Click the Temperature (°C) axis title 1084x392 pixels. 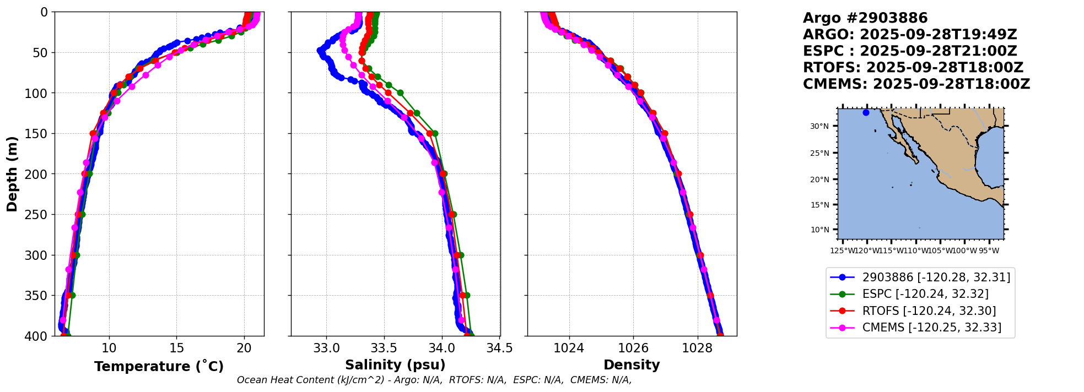click(x=159, y=367)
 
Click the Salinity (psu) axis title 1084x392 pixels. click(x=395, y=365)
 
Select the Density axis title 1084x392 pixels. click(x=632, y=365)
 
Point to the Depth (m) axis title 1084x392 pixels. click(x=12, y=174)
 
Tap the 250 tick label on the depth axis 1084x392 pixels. click(x=37, y=215)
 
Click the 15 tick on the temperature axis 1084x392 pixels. click(x=176, y=349)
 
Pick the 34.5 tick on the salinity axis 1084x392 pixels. click(x=500, y=349)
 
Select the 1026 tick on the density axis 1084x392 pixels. click(x=633, y=349)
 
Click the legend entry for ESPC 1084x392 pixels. click(x=925, y=294)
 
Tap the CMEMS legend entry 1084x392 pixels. click(x=931, y=328)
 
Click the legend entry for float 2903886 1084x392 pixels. click(x=936, y=277)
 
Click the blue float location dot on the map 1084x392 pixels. click(x=866, y=112)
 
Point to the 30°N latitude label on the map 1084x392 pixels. click(x=819, y=127)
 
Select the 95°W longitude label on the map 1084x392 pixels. click(x=989, y=251)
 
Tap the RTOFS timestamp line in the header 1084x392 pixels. click(x=913, y=68)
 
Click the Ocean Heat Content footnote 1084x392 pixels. click(x=434, y=380)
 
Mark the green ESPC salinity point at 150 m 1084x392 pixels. click(x=435, y=133)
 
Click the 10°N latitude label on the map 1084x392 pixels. click(x=819, y=230)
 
